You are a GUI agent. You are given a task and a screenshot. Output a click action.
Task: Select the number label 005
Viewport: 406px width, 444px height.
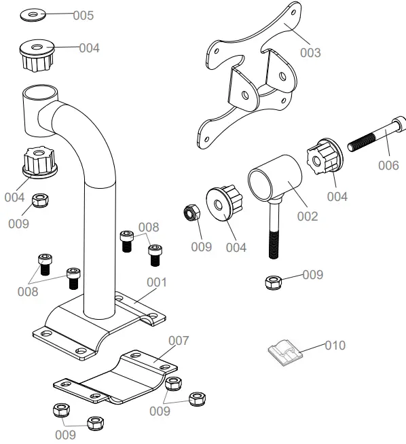coord(84,15)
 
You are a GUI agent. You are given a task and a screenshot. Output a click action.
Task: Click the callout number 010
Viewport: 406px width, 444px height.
coord(334,346)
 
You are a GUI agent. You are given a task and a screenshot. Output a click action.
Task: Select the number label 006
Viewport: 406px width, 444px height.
coord(388,165)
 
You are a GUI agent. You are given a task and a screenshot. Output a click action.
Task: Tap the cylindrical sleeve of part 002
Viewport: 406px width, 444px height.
coord(273,178)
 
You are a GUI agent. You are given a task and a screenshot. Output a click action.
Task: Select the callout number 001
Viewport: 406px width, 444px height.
coord(157,281)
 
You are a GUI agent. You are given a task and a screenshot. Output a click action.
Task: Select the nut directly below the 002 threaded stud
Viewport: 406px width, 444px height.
coord(274,282)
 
